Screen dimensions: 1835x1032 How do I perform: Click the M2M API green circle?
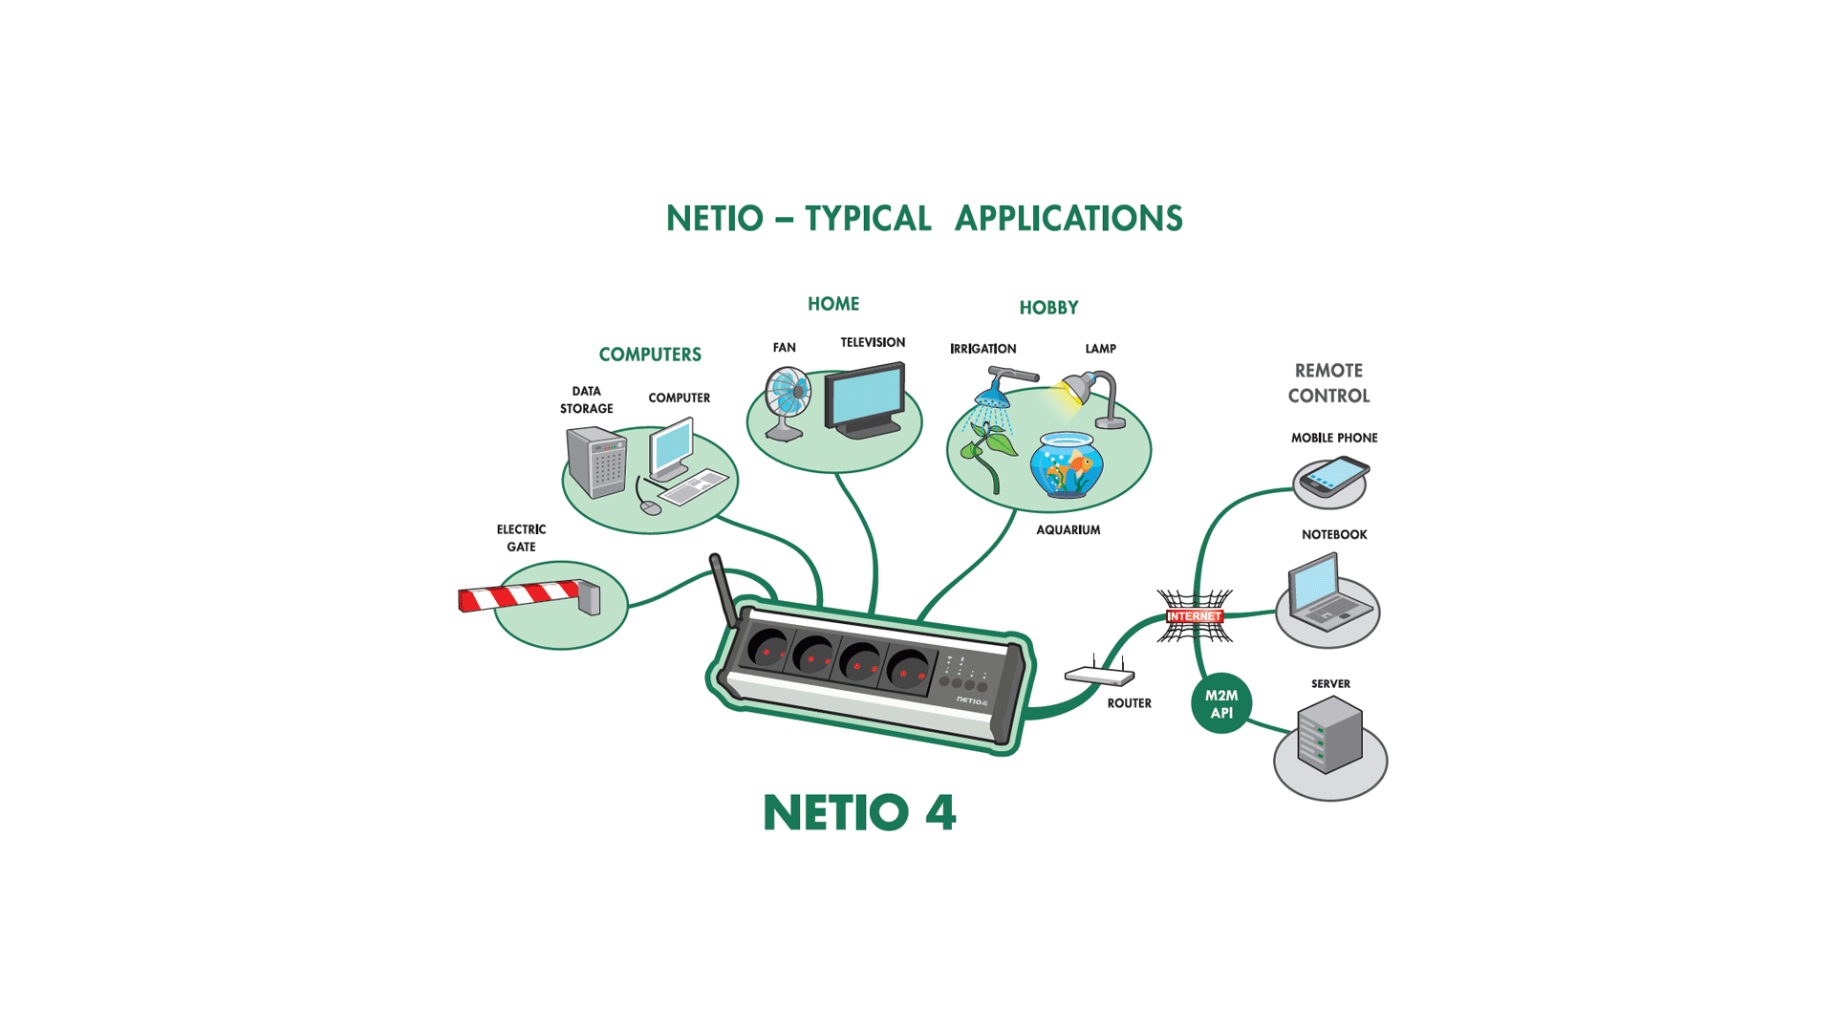1221,704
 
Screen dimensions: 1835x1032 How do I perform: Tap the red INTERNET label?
1195,616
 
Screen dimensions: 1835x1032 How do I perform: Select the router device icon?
1100,673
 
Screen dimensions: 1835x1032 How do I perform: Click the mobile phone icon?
1334,476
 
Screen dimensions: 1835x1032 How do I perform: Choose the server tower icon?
1329,734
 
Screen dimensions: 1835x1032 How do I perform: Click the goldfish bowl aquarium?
1067,465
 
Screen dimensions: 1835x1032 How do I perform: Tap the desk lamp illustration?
1094,398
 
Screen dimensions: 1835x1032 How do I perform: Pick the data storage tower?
596,462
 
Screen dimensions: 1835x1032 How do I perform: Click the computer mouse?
651,507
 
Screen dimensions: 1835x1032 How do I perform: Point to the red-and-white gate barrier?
529,596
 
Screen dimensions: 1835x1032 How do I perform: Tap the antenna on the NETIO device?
724,591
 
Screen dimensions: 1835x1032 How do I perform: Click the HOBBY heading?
1048,308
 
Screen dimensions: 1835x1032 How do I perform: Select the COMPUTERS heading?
650,355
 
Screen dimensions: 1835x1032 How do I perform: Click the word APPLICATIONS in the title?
1069,219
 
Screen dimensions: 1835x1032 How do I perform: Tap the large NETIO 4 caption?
859,813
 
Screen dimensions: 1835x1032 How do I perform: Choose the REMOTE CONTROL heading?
1328,383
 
